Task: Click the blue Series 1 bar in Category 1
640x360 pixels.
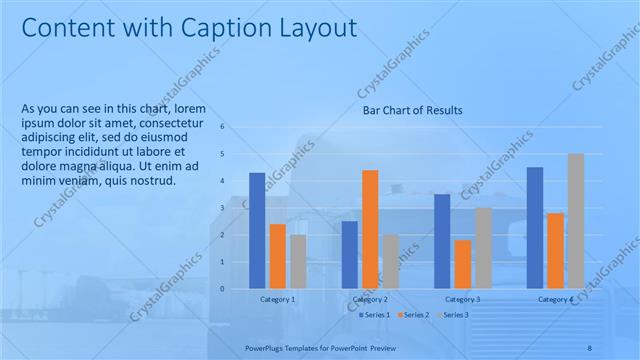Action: pos(257,230)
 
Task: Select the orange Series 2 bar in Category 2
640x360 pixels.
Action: pos(370,229)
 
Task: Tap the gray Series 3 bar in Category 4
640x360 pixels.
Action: pos(576,221)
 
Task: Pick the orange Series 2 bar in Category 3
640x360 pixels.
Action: pos(463,264)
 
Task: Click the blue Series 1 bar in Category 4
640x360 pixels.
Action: pos(535,227)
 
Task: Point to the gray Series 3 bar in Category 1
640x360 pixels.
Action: pos(298,261)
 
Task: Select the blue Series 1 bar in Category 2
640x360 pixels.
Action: pos(349,254)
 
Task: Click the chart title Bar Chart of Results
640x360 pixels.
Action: pos(412,111)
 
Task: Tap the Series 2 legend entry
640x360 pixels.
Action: pos(412,315)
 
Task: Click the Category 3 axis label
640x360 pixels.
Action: pos(463,299)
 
